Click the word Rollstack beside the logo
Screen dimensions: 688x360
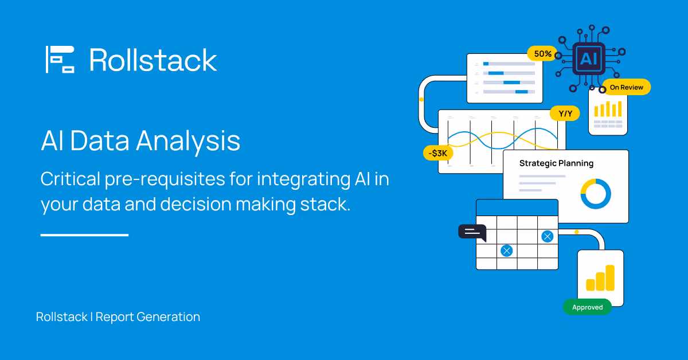point(153,60)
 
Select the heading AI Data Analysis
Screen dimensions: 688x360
point(140,140)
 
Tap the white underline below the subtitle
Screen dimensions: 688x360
point(84,234)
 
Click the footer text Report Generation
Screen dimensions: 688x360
point(148,316)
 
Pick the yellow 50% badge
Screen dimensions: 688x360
point(542,54)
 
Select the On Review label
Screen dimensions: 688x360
point(626,87)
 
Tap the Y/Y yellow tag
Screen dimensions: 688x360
point(565,114)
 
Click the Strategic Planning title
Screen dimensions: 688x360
point(556,163)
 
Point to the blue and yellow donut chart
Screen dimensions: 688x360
point(596,194)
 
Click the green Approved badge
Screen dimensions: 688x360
point(587,307)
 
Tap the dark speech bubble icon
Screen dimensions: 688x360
point(472,232)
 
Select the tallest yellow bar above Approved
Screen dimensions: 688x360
point(609,277)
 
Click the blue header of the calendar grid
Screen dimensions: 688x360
point(517,207)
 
